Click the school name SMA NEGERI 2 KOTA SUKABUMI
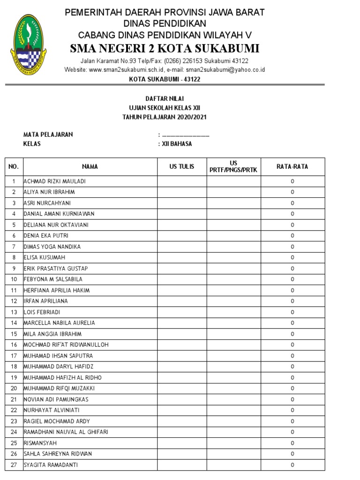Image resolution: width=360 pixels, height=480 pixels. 165,49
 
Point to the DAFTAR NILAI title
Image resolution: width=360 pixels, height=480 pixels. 165,99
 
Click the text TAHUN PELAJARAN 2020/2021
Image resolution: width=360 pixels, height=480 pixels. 165,117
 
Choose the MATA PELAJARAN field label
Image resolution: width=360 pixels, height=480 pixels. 48,135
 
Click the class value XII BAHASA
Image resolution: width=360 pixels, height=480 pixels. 177,144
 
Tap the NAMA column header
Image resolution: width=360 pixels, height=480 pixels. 90,166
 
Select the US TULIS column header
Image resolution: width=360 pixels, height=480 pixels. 182,166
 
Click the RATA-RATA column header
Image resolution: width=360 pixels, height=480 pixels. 292,166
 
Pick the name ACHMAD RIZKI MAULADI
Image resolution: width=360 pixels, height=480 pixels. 54,181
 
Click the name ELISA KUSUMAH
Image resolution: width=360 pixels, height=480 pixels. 45,257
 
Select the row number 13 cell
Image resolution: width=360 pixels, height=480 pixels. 14,312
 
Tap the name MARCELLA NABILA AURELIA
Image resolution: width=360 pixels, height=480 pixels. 59,323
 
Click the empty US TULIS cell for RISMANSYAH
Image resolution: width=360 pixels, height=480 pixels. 182,443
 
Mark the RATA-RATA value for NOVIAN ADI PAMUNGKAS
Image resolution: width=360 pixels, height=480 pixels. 292,399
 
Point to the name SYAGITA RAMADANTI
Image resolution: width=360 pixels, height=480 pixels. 51,465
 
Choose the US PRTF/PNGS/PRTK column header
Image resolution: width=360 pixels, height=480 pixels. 233,166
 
